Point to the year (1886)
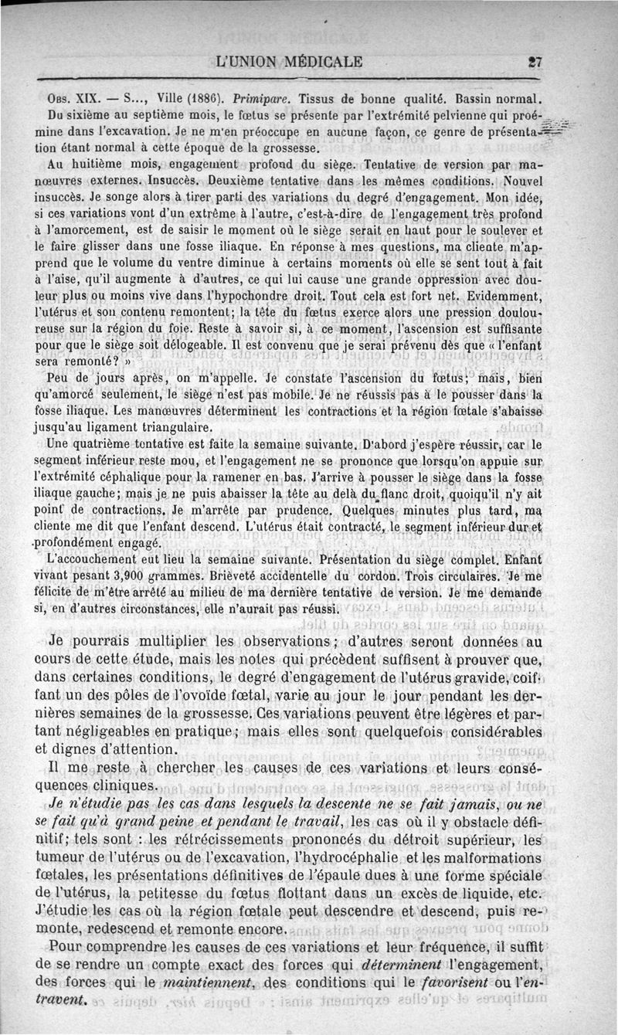(192, 100)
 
